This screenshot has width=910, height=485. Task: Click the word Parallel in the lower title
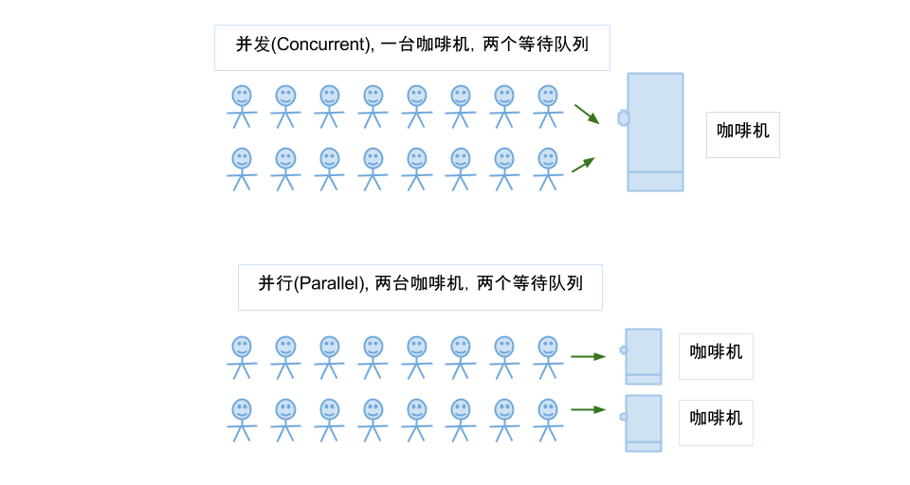(x=330, y=283)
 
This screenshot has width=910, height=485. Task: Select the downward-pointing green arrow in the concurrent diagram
(x=587, y=114)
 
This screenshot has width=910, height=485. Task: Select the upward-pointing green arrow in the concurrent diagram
(x=584, y=165)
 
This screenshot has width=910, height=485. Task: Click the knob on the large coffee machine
(x=623, y=117)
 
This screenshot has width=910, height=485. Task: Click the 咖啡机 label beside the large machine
(x=743, y=131)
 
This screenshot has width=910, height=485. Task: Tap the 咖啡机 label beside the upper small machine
(x=716, y=352)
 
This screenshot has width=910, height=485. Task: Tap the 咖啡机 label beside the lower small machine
(x=716, y=419)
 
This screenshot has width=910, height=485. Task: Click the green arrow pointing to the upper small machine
(x=589, y=356)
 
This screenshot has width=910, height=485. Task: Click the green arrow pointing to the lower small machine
(x=589, y=409)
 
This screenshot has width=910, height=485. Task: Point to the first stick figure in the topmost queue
(x=242, y=107)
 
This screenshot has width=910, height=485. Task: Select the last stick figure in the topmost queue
(x=548, y=107)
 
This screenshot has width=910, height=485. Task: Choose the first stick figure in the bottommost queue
(x=242, y=421)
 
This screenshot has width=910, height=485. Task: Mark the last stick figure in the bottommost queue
(x=548, y=421)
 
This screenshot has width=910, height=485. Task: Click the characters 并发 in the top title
(x=253, y=45)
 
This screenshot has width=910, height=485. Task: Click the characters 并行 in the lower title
(x=276, y=283)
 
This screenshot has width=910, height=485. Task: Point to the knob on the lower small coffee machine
(x=623, y=417)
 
